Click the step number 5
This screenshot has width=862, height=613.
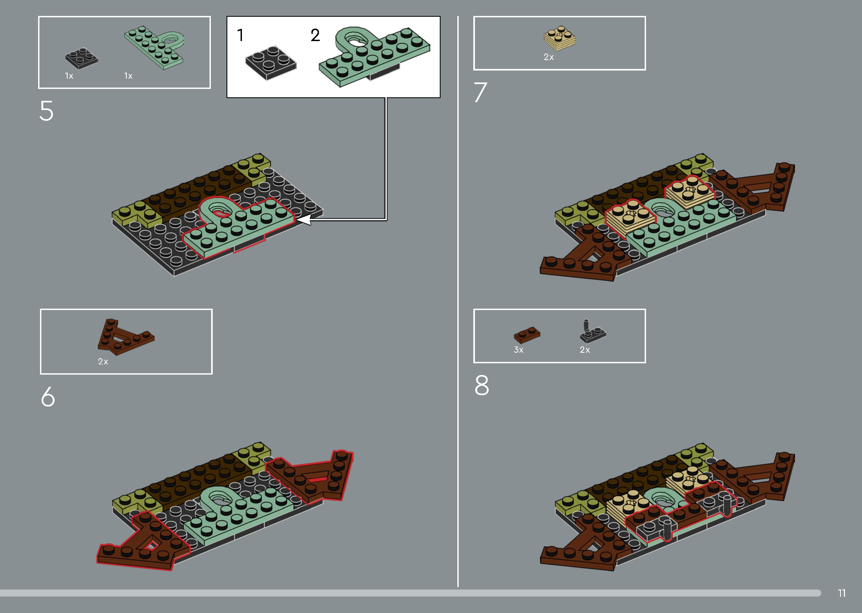pyautogui.click(x=46, y=111)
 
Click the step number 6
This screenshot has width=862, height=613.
pyautogui.click(x=48, y=397)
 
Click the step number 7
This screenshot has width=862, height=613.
pyautogui.click(x=480, y=92)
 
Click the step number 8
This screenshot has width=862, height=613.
pyautogui.click(x=482, y=385)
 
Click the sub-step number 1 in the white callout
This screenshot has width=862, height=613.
pyautogui.click(x=240, y=35)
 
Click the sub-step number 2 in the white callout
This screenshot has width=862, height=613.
pyautogui.click(x=315, y=35)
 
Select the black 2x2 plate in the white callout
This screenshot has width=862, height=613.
pyautogui.click(x=271, y=63)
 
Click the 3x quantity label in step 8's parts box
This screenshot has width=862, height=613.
pyautogui.click(x=518, y=350)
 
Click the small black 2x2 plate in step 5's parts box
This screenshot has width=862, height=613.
pyautogui.click(x=81, y=58)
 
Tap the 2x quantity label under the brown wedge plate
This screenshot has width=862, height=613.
pyautogui.click(x=103, y=362)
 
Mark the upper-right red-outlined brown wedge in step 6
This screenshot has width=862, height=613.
pyautogui.click(x=313, y=478)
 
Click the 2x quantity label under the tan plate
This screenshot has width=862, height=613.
pyautogui.click(x=548, y=57)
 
